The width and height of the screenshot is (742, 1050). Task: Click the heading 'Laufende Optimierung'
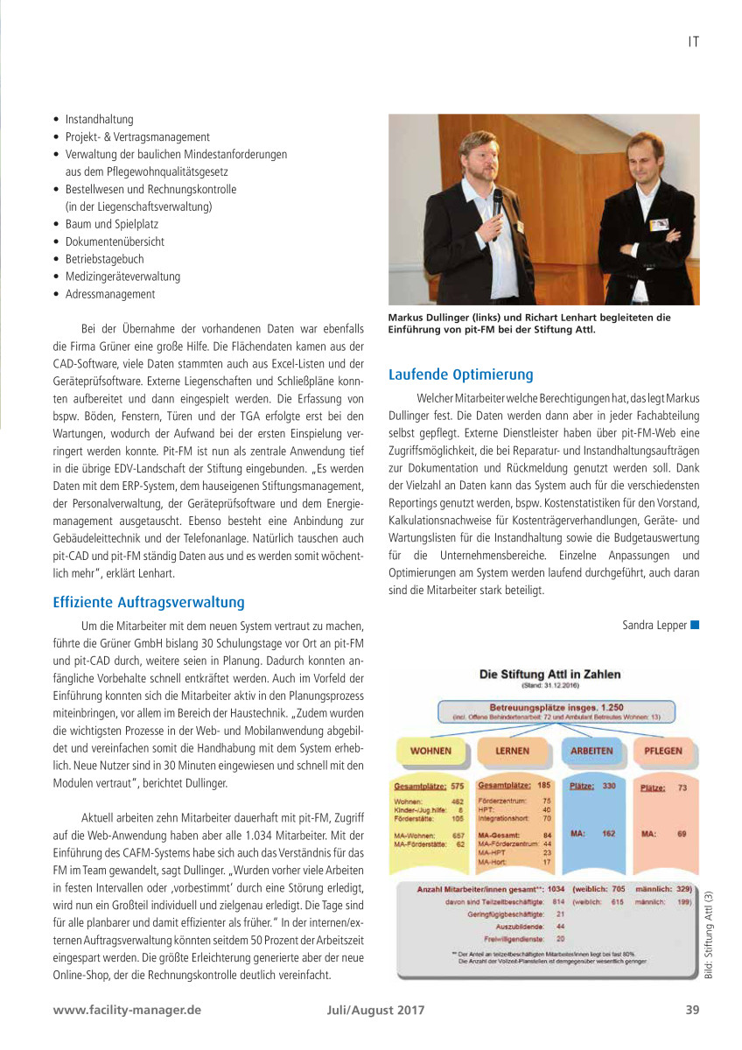point(460,375)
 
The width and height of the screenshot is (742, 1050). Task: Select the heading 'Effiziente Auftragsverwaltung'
point(149,602)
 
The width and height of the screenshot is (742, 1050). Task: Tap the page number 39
point(692,1009)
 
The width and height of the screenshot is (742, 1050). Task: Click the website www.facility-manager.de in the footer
point(127,1009)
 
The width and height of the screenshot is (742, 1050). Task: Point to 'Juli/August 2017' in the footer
point(370,1009)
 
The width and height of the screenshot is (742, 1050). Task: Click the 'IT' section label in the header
point(692,40)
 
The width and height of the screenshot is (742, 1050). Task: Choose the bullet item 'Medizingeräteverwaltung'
point(122,276)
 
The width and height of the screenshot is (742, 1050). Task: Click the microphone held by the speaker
point(497,201)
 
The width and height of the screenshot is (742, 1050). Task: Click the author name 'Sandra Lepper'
point(654,625)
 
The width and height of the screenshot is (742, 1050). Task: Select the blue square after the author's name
point(695,625)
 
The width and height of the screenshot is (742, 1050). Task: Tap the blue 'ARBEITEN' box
point(591,751)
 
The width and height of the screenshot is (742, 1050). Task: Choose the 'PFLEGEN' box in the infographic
point(662,751)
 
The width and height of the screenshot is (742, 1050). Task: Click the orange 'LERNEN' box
point(512,751)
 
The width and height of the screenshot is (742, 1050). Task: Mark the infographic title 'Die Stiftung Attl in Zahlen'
point(549,674)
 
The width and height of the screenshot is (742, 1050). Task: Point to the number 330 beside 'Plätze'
point(609,786)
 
